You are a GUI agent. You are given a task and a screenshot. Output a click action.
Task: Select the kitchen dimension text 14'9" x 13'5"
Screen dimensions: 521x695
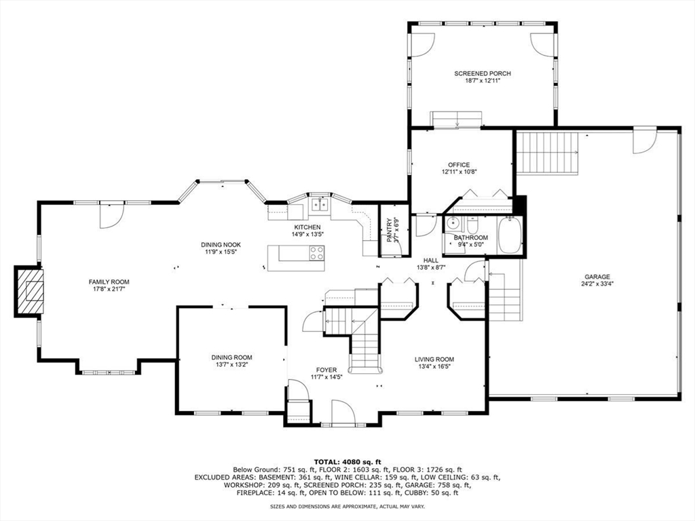[x=307, y=235]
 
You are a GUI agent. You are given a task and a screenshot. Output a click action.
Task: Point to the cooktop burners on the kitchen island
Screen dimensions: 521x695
[x=316, y=253]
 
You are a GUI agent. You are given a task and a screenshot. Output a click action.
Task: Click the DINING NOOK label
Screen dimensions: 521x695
[x=221, y=244]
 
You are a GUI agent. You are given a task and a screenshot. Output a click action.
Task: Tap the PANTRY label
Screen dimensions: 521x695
[x=390, y=230]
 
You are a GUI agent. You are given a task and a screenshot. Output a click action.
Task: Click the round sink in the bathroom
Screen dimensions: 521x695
[x=453, y=225]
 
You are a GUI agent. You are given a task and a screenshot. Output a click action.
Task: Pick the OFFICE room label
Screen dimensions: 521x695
[x=458, y=165]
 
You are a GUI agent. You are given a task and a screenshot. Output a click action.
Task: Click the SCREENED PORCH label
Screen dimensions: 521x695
[x=483, y=73]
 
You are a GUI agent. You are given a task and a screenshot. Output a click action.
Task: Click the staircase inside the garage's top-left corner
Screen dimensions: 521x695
[x=547, y=153]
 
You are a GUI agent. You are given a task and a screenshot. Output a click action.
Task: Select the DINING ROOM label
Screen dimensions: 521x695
[x=231, y=358]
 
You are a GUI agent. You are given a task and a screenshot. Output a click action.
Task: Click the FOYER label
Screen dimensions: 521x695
[x=326, y=370]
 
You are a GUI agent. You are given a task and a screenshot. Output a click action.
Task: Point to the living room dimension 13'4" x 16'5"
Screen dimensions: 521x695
[x=434, y=367]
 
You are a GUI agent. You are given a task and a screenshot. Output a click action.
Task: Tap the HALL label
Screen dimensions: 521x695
[x=431, y=260]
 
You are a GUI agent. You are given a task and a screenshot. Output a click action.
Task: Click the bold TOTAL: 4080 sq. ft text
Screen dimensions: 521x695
[x=347, y=461]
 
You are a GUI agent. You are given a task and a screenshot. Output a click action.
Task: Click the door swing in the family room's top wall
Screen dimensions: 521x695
[x=111, y=215]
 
